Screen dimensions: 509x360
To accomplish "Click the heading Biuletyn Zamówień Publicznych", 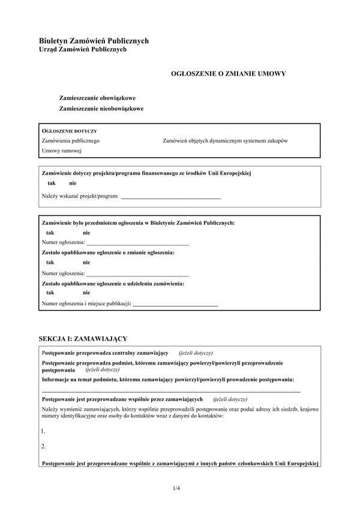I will click(x=94, y=41).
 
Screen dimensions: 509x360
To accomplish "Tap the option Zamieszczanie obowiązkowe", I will click(x=97, y=97).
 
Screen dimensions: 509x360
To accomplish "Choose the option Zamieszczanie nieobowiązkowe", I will click(x=101, y=109).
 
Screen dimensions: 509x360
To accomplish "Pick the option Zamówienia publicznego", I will click(x=70, y=140).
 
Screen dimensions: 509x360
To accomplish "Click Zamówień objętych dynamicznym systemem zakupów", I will click(x=225, y=140).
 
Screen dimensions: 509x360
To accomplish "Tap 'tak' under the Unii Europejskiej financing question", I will click(x=52, y=183).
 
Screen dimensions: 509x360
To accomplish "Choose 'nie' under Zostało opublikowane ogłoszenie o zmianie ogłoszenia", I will click(x=86, y=263).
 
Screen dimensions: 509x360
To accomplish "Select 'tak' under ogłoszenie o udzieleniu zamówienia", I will click(x=50, y=293).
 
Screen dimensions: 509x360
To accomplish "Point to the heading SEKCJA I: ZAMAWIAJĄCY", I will click(x=82, y=339).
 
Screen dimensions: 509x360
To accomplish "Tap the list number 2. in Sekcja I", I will click(x=43, y=447).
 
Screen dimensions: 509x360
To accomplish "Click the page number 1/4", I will click(x=176, y=488).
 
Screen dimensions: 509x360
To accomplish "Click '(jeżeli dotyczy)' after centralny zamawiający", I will click(x=196, y=353).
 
